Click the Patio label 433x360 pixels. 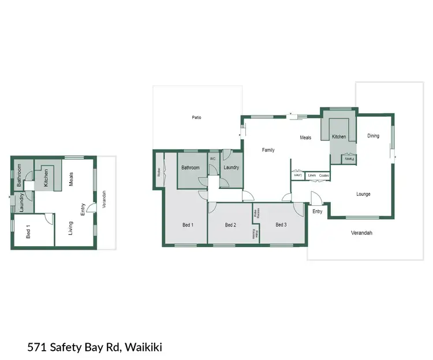[196, 117]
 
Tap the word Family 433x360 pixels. [268, 150]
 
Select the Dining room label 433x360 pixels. [374, 136]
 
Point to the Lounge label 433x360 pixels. [363, 194]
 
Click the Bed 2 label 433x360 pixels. [230, 225]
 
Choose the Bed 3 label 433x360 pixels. [281, 225]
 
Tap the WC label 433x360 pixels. [212, 158]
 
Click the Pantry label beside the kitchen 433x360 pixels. [349, 158]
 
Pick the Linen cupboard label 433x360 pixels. [312, 175]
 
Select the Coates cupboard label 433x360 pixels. [324, 175]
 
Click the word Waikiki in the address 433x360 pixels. [143, 347]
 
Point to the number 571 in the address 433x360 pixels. [37, 347]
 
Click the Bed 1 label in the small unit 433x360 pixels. [28, 232]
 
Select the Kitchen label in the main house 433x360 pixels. [339, 137]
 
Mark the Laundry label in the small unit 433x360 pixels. [21, 203]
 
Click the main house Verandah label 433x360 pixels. [362, 233]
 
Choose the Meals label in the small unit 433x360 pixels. [72, 179]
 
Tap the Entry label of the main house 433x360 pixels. [318, 211]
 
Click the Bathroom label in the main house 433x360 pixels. [191, 168]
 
